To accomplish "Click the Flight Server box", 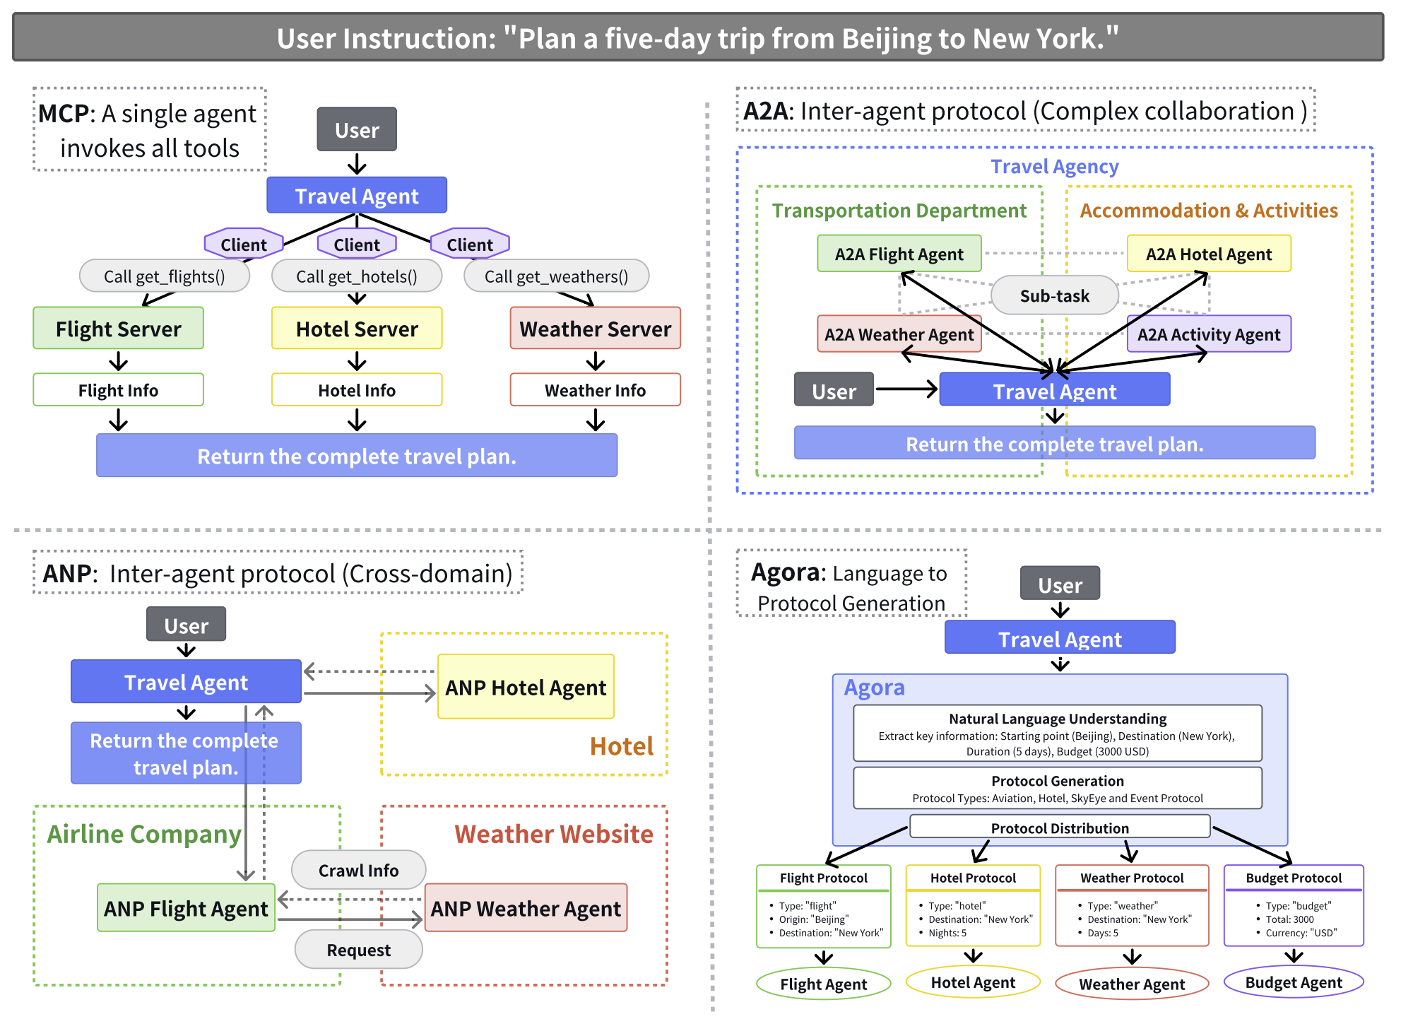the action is (118, 328).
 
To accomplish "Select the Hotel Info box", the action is (357, 389).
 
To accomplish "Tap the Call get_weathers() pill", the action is (556, 276).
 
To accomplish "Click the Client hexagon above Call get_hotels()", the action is (357, 244).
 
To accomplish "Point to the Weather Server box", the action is (596, 328).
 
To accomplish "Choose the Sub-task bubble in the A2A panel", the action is (1055, 295).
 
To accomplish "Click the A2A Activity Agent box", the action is (1209, 334).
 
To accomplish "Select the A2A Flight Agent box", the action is (899, 254).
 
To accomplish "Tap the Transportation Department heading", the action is (899, 211).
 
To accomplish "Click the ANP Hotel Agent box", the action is (526, 687).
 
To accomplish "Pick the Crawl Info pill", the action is (358, 870).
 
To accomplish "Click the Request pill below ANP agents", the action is (358, 950).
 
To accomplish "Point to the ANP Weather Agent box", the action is (526, 908).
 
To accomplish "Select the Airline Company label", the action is (144, 834).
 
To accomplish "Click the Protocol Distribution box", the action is (1060, 828).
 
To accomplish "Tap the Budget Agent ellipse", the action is (1294, 982).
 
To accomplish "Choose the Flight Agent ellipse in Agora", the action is (823, 984).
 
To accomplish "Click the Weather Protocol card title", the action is (1132, 878).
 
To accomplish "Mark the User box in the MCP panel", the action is (357, 129).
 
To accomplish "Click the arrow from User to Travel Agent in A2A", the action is (906, 389).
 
